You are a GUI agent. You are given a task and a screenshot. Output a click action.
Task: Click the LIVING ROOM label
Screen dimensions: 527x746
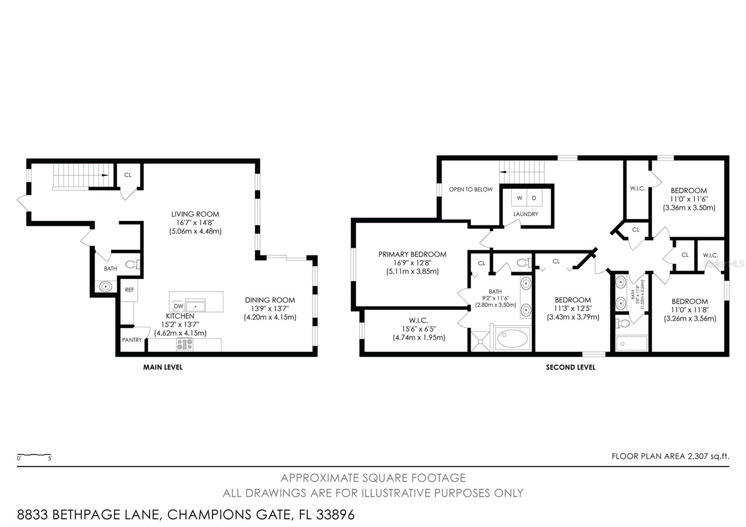[195, 215]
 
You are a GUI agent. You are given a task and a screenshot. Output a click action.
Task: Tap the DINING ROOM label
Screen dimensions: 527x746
[270, 300]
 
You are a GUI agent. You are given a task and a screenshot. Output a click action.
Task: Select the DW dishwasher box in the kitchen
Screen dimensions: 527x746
[178, 306]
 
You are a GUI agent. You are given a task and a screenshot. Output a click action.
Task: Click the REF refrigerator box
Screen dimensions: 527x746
[129, 290]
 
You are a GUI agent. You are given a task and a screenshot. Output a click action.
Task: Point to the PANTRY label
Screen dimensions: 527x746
[132, 340]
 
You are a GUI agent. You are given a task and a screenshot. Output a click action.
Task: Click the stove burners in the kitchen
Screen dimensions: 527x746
[185, 345]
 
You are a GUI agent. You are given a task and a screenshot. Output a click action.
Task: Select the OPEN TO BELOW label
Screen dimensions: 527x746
[470, 189]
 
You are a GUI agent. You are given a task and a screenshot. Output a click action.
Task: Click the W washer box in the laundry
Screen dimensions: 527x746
[519, 198]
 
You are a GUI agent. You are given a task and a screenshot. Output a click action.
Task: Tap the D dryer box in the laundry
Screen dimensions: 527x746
[534, 198]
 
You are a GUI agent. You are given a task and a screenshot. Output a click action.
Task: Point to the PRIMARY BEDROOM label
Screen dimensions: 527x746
[412, 255]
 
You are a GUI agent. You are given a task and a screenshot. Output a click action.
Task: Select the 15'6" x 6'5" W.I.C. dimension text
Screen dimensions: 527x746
[419, 329]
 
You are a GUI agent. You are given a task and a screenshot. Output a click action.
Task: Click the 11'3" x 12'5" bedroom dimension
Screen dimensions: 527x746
[573, 308]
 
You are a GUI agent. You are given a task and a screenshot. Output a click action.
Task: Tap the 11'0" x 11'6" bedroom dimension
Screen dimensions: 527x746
[689, 199]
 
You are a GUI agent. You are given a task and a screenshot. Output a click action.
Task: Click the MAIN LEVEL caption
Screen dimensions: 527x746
[163, 368]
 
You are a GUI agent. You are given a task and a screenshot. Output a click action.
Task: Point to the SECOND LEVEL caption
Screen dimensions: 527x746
[571, 368]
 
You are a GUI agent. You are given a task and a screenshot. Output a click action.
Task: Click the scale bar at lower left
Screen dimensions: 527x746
[34, 455]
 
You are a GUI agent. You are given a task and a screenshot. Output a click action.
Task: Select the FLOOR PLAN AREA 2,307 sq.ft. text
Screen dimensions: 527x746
[670, 457]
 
